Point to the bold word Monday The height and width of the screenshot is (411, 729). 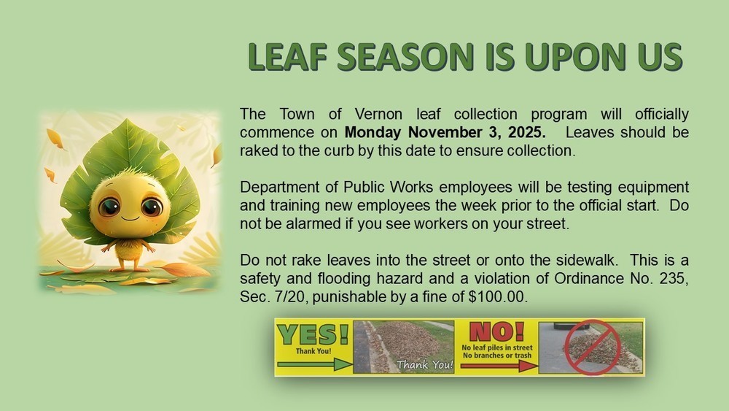coord(374,133)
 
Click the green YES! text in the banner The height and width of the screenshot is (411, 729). coord(313,334)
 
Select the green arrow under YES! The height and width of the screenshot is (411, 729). coord(313,364)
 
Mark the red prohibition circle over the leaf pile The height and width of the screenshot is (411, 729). coord(591,348)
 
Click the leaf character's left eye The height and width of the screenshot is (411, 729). coord(111,207)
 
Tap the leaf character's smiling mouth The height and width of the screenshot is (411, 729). coord(130,218)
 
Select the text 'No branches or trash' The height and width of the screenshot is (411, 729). coord(497,355)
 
